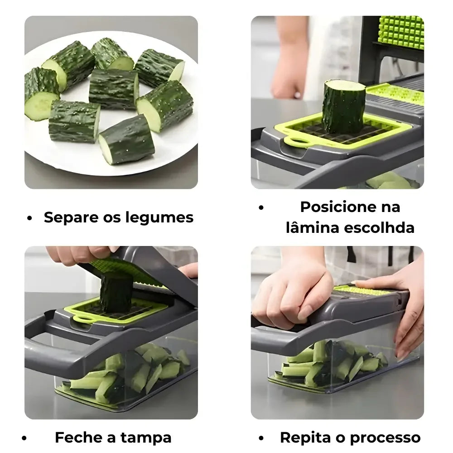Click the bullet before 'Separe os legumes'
(30, 218)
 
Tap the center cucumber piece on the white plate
(113, 89)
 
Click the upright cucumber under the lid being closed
(116, 292)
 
